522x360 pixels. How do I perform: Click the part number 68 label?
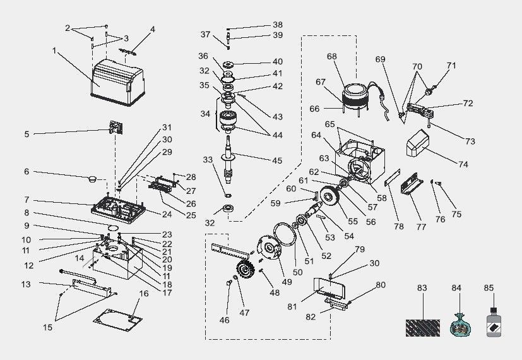tap(331, 56)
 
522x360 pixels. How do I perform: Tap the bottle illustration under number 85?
tap(494, 322)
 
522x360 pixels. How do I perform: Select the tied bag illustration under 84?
tap(460, 325)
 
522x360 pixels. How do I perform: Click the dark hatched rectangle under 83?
tap(422, 328)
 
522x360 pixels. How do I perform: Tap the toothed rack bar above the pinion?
tap(230, 251)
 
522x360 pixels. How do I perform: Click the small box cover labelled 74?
tap(417, 143)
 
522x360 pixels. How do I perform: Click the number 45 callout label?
tap(277, 160)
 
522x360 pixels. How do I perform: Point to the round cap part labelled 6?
tap(93, 179)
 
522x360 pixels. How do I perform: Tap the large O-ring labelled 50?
tap(285, 234)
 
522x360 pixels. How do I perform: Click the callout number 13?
tap(26, 284)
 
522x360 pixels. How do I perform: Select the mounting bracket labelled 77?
tap(412, 184)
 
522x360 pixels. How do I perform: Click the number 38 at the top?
tap(278, 25)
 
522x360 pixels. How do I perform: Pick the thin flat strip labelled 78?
tap(392, 177)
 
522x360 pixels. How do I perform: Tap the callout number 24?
tap(167, 214)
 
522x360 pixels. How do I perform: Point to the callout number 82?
tap(311, 316)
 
